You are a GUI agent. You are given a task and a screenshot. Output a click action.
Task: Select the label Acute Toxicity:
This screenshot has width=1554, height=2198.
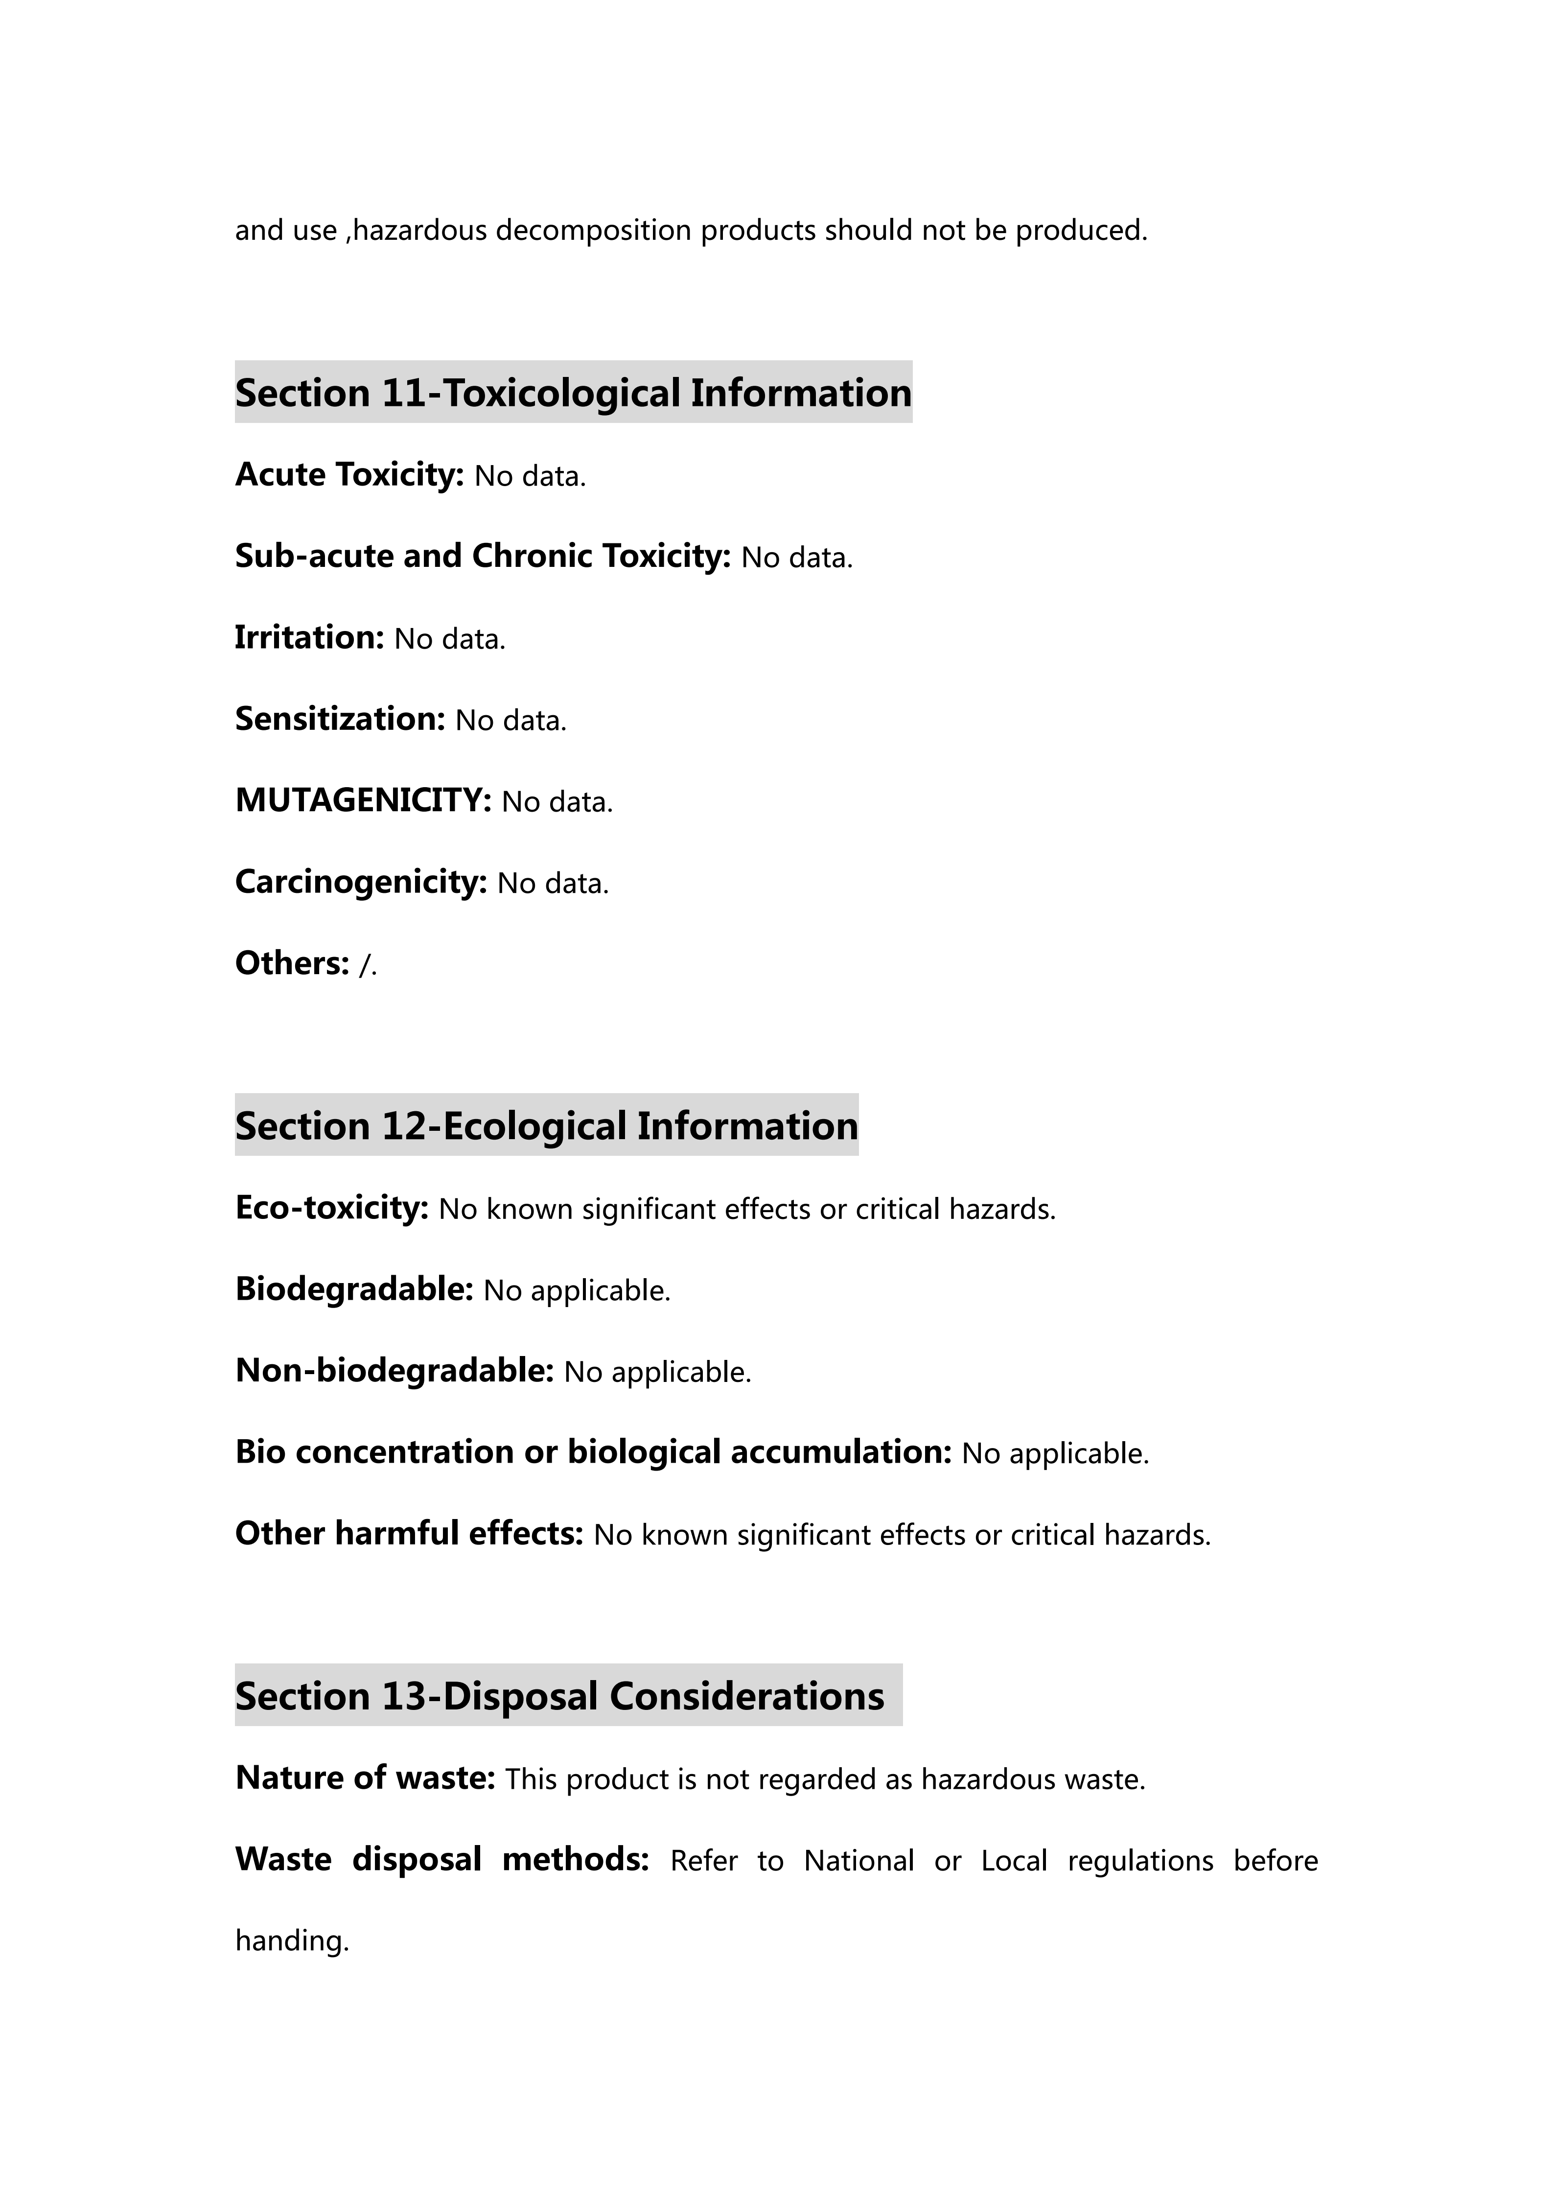coord(349,475)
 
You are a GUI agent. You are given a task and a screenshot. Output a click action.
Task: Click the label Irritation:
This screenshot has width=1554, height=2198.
coord(309,637)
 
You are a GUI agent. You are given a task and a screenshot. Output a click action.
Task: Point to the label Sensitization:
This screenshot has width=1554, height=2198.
coord(340,719)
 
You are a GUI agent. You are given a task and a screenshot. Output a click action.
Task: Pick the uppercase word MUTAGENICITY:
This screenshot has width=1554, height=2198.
coord(363,800)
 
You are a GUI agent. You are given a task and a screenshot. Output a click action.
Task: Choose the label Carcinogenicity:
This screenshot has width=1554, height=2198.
coord(361,882)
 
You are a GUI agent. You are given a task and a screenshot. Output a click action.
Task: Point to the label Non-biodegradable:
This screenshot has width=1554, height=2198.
coord(394,1371)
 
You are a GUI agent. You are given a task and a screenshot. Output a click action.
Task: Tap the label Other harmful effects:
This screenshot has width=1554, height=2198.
coord(409,1534)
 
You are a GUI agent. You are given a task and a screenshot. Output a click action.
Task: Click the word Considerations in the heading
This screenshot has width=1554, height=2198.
coord(746,1696)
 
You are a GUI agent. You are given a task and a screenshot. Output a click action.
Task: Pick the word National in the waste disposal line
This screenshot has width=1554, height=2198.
coord(858,1861)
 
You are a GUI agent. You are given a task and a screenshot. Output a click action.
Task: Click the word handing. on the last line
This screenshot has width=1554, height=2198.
coord(292,1941)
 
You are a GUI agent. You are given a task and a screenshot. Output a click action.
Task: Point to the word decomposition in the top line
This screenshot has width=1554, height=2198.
coord(593,231)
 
